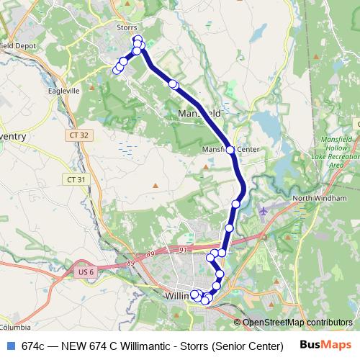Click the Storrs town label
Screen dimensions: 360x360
tap(126, 28)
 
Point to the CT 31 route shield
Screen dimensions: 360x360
tap(75, 179)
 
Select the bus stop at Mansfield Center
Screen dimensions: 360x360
tap(230, 150)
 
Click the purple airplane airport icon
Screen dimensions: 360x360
tap(264, 211)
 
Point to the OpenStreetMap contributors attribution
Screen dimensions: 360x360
tap(297, 323)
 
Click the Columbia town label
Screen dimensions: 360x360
tap(13, 325)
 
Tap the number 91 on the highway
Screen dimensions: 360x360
tap(183, 250)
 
